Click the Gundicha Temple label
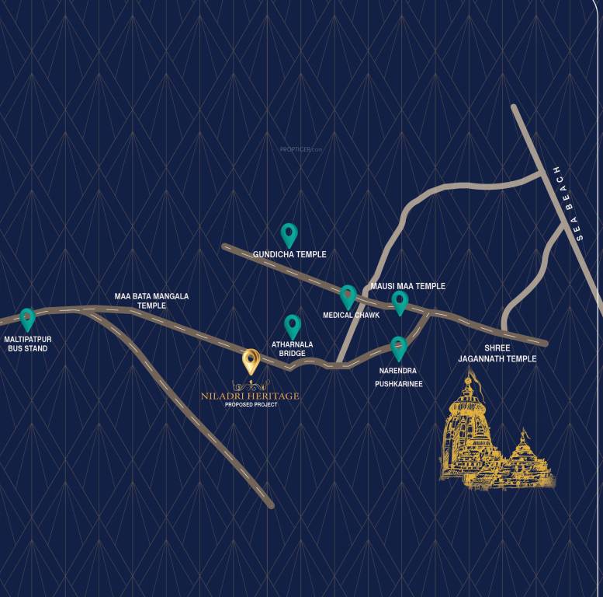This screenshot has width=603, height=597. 289,254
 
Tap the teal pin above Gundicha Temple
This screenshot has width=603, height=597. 289,234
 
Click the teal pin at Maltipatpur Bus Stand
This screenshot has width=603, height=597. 27,318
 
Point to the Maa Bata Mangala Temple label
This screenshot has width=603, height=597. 151,301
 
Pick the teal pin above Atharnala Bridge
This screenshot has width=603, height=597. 292,326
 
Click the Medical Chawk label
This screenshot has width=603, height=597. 351,316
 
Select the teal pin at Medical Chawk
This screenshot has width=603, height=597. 348,295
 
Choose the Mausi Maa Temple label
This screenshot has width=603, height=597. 407,286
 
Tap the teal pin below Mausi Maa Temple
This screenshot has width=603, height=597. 400,302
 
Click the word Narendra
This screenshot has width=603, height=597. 398,371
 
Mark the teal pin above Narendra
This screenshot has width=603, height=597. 398,347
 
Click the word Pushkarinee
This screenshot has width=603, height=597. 399,383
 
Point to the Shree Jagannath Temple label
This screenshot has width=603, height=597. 497,353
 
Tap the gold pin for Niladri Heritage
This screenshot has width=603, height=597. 250,361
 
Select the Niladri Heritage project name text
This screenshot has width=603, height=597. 250,396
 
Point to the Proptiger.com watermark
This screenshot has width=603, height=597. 300,148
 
